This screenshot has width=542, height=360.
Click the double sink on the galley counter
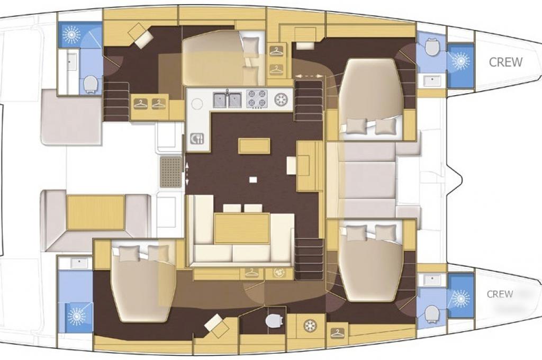coord(227,100)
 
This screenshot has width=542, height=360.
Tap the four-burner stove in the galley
coord(257,99)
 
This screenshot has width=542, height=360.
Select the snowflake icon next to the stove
coord(281,99)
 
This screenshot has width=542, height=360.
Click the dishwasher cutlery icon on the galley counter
coord(197,138)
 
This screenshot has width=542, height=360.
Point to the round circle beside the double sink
coord(197,103)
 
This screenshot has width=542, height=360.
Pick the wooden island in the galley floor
coord(254,146)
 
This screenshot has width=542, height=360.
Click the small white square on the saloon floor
coord(254,179)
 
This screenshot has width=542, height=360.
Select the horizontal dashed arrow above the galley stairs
coord(309,75)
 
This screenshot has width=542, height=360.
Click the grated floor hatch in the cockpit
coord(171,172)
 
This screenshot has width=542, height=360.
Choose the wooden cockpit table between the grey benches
coord(96,212)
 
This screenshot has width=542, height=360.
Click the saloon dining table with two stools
coord(242,228)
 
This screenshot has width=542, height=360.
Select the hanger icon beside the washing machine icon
coord(252,273)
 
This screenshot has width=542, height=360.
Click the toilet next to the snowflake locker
coord(273,321)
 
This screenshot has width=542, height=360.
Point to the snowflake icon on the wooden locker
coord(310,326)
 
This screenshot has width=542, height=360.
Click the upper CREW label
coord(505,62)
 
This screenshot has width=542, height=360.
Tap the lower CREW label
coord(500,294)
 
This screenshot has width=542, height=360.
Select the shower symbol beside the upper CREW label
coord(461,60)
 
